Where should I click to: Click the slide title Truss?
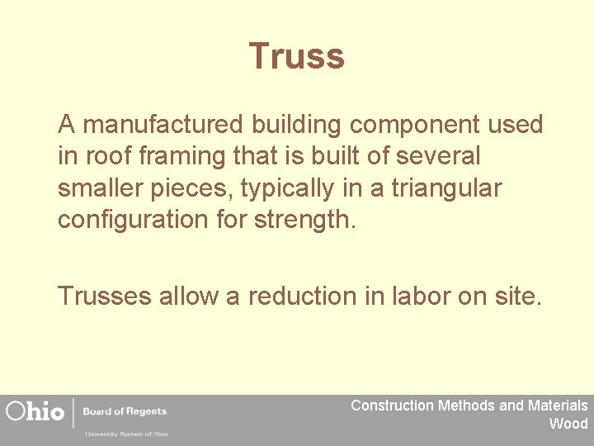click(x=296, y=56)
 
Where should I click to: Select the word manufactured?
click(x=164, y=125)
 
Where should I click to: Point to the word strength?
click(x=310, y=221)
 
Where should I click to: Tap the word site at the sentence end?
click(x=518, y=297)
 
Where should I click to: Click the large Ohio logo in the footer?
click(x=35, y=411)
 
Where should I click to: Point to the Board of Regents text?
click(x=125, y=411)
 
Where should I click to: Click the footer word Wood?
click(x=568, y=424)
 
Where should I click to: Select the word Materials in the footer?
click(x=557, y=406)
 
